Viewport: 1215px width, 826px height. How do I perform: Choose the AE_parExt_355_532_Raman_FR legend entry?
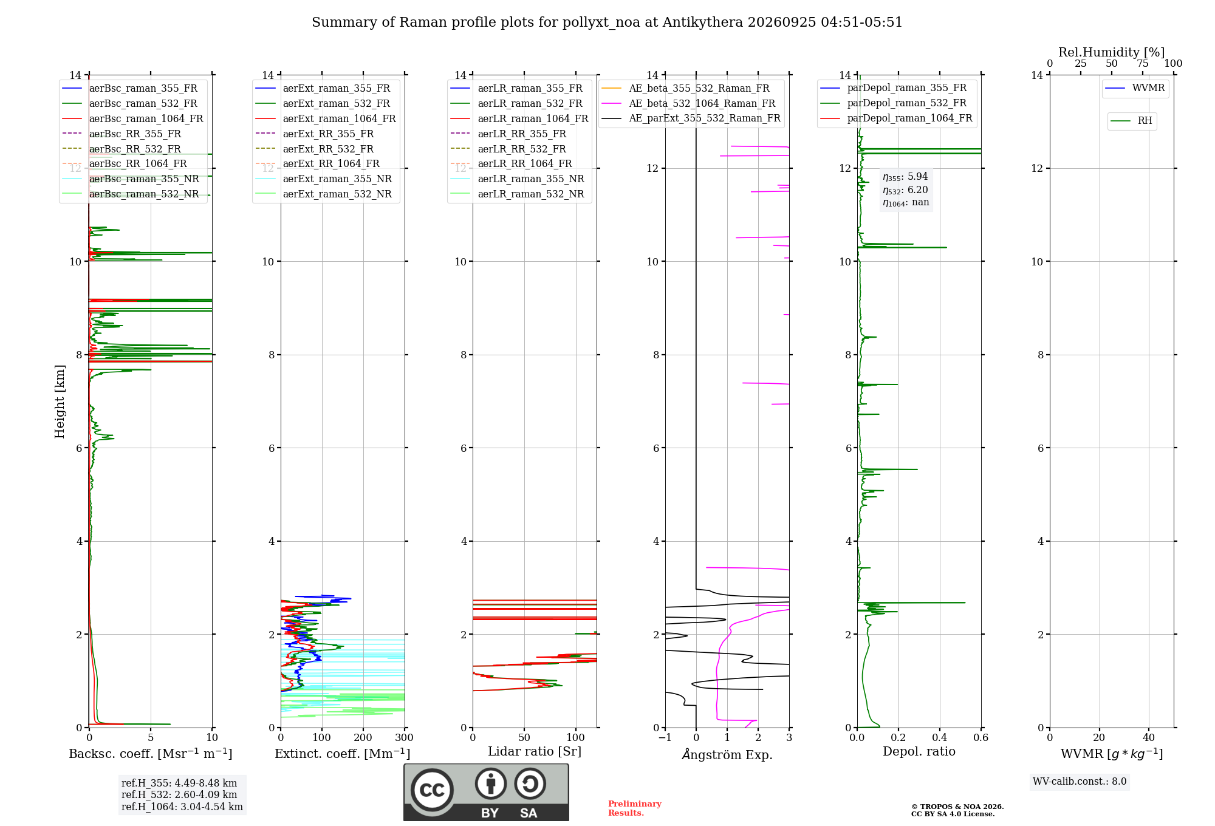pyautogui.click(x=691, y=118)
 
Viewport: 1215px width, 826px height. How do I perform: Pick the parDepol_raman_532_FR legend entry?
pyautogui.click(x=893, y=103)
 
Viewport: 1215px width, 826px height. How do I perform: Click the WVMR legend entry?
pyautogui.click(x=1135, y=88)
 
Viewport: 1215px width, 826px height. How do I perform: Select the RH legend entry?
pyautogui.click(x=1131, y=121)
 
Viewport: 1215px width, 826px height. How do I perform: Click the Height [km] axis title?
pyautogui.click(x=60, y=401)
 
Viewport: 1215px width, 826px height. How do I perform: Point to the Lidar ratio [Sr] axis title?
pyautogui.click(x=535, y=751)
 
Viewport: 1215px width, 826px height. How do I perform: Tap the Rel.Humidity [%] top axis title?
pyautogui.click(x=1112, y=52)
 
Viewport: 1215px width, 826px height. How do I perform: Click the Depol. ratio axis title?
pyautogui.click(x=919, y=751)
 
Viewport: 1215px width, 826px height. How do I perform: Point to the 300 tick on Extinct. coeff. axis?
pyautogui.click(x=405, y=738)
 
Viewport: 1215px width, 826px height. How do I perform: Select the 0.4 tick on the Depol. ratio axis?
pyautogui.click(x=940, y=738)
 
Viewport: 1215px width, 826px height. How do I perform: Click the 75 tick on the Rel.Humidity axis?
pyautogui.click(x=1143, y=64)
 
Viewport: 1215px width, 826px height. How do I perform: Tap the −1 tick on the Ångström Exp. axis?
pyautogui.click(x=665, y=738)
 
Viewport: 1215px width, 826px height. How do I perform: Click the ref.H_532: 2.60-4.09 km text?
pyautogui.click(x=179, y=795)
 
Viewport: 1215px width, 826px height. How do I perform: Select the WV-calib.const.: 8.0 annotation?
pyautogui.click(x=1080, y=782)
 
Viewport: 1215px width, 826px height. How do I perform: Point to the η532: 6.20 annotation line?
pyautogui.click(x=905, y=190)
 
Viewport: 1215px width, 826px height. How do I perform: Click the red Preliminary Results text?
pyautogui.click(x=635, y=808)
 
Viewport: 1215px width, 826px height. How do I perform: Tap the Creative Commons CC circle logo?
pyautogui.click(x=432, y=790)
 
